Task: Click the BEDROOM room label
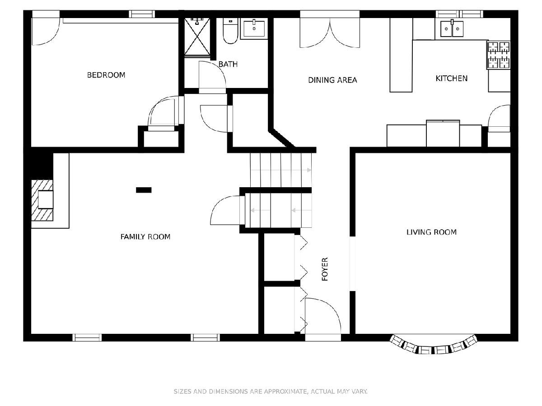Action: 106,75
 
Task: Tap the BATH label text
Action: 228,65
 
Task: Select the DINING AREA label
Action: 332,80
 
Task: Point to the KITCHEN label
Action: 451,78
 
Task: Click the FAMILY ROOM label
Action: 145,237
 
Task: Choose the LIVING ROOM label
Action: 431,232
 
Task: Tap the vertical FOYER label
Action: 325,269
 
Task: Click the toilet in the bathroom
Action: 230,31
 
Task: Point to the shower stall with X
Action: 197,37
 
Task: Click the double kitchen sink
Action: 452,28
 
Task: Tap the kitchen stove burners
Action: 499,55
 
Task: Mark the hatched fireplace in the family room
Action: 42,200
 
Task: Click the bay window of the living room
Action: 433,344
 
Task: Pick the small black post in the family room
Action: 144,190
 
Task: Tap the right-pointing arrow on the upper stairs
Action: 281,170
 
